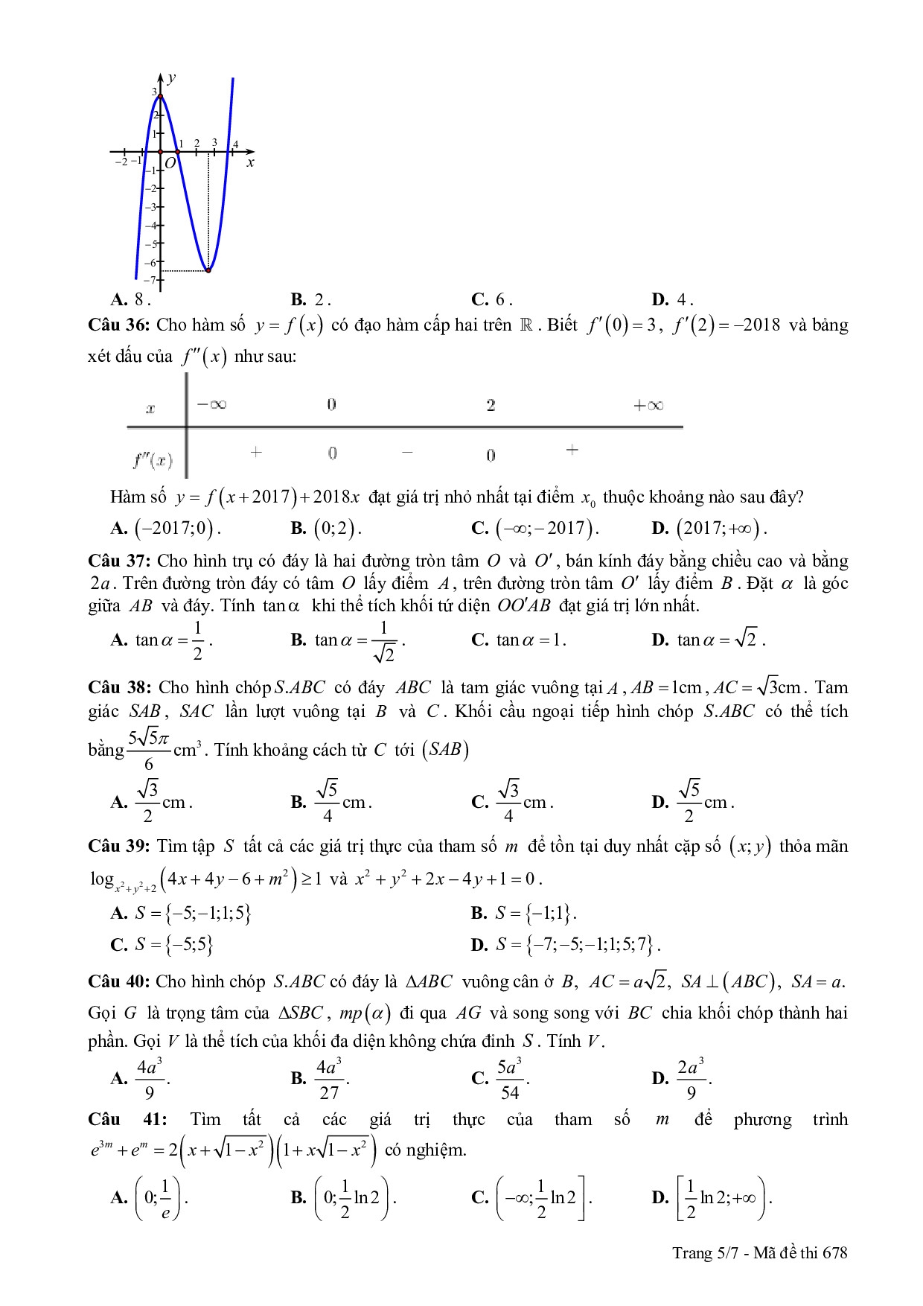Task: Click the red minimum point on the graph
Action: coord(208,270)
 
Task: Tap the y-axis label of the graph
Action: coord(172,77)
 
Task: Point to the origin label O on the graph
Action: coord(170,163)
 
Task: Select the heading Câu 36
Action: coord(120,325)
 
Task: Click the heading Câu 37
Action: coord(120,561)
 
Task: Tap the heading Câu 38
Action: coord(120,687)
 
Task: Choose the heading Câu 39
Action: coord(120,846)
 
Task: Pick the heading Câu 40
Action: coord(120,981)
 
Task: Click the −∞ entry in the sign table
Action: coord(211,405)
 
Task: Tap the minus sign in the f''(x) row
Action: coord(406,452)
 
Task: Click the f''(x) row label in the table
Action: coord(153,461)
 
